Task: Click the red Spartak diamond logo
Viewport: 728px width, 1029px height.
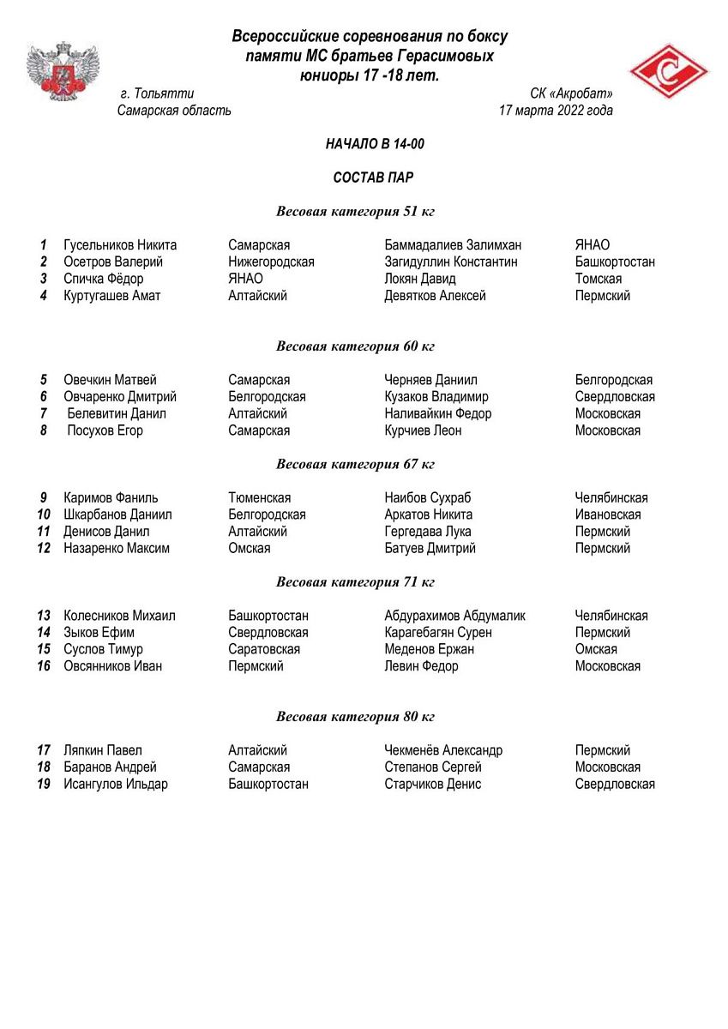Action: tap(669, 72)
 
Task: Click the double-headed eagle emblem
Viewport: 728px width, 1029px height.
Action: tap(63, 72)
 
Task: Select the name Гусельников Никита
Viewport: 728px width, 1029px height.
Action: tap(119, 245)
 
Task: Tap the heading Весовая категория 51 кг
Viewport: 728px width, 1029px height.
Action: tap(355, 212)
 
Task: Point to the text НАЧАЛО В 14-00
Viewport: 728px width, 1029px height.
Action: tap(375, 144)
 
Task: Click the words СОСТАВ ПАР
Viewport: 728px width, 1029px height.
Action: tap(374, 178)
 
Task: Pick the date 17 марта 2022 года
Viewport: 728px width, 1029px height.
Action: tap(556, 111)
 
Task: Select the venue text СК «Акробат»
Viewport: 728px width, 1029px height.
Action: tap(571, 94)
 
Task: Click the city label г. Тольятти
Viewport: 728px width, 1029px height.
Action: tap(158, 94)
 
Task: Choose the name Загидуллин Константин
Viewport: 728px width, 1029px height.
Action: tap(451, 262)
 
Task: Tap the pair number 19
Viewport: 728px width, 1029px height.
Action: tap(44, 785)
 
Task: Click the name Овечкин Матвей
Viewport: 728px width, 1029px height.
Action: tap(110, 380)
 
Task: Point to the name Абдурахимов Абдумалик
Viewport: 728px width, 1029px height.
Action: tap(454, 616)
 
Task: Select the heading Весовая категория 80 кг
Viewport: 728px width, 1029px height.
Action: tap(355, 717)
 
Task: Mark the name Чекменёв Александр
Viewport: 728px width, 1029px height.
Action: tap(443, 750)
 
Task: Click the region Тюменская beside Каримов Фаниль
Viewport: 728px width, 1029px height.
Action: tap(259, 498)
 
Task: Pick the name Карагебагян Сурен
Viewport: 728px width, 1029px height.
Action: tap(438, 633)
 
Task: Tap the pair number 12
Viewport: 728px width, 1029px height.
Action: tap(44, 549)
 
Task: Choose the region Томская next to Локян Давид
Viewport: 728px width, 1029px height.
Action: tap(599, 279)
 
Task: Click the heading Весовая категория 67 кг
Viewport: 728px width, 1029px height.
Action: tap(355, 465)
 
